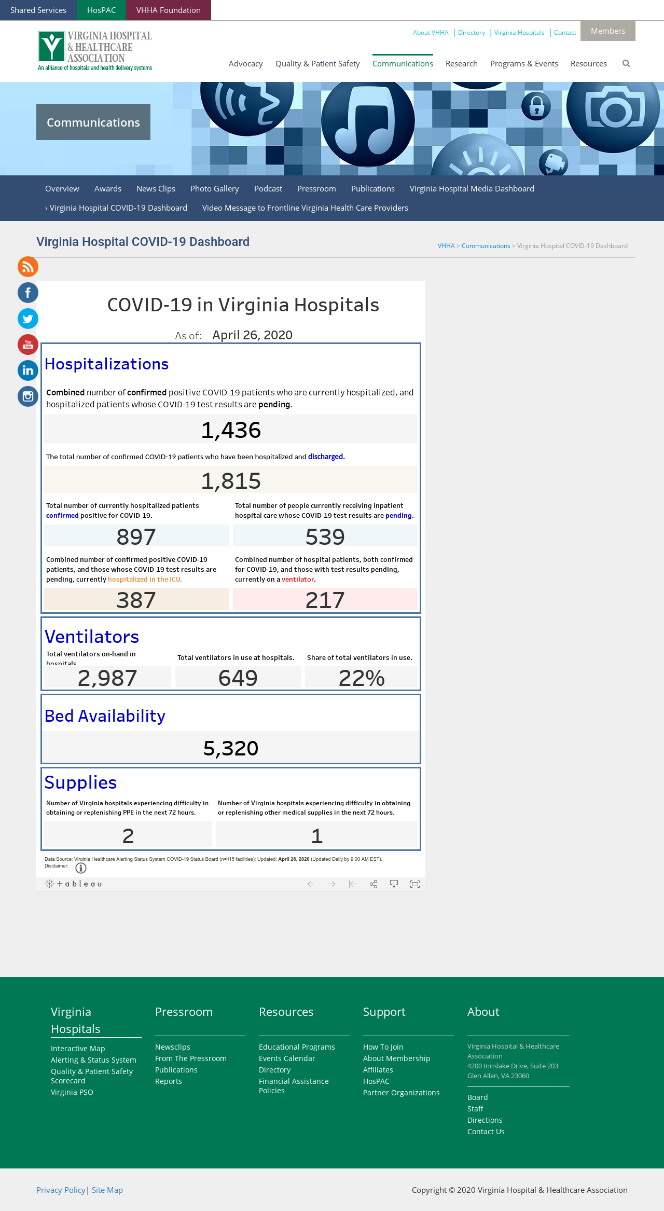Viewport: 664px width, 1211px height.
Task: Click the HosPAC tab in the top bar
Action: point(101,10)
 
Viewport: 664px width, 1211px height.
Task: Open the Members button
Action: point(607,31)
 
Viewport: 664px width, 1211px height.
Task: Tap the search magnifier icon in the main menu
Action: point(626,63)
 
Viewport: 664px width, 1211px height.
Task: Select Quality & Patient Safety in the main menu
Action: point(317,63)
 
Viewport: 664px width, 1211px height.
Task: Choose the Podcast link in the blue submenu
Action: point(268,189)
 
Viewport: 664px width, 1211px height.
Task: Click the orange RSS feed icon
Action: point(28,267)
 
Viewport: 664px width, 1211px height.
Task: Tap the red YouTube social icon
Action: point(28,345)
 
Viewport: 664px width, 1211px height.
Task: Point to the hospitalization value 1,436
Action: point(231,430)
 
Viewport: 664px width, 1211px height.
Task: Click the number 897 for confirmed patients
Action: point(136,536)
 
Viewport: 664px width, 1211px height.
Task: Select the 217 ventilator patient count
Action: point(325,600)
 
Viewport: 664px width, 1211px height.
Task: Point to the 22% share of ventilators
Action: point(362,678)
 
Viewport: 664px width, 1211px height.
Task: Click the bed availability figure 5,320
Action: point(231,748)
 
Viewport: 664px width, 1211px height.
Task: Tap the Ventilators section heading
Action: point(92,637)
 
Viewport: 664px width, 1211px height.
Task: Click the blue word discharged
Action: point(325,457)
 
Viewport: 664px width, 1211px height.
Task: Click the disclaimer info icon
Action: point(81,868)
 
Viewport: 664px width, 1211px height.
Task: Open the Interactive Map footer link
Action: point(78,1049)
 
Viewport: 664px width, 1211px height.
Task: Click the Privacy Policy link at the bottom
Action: point(61,1190)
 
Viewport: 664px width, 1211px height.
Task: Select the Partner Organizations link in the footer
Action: point(402,1093)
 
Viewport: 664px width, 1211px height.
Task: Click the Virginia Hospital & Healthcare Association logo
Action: point(95,51)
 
